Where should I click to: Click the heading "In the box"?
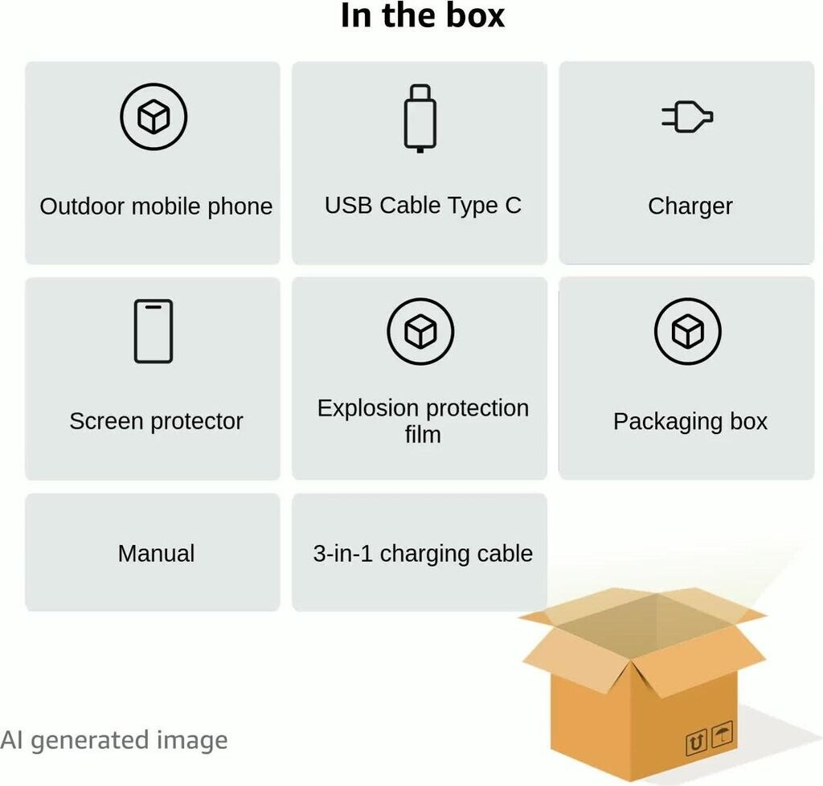point(423,16)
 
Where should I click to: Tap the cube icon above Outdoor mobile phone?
point(154,117)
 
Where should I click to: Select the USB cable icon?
point(420,118)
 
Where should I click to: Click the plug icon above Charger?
point(687,118)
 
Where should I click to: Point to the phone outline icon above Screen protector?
point(154,331)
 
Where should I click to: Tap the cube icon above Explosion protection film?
point(420,331)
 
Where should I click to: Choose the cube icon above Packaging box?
point(687,331)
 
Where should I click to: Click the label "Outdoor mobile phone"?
point(156,207)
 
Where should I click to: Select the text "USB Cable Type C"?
point(423,206)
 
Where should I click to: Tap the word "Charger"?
point(690,207)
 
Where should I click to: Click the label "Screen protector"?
point(156,421)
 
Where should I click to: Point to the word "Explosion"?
point(367,408)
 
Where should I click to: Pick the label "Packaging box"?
point(690,421)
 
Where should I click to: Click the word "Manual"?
point(156,553)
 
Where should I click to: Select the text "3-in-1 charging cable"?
point(423,553)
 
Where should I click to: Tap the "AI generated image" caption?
point(114,740)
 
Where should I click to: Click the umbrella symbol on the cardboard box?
point(723,735)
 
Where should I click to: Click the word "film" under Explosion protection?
point(423,435)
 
